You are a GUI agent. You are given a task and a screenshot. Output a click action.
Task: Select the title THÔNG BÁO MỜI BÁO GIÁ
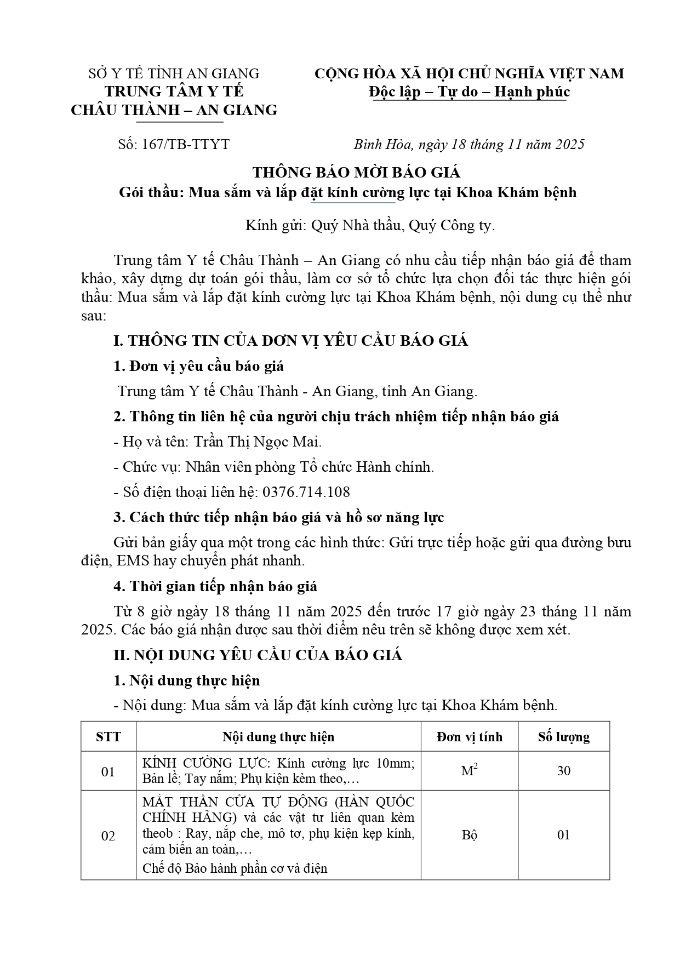pos(356,173)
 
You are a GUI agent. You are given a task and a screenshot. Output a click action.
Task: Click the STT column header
pos(108,737)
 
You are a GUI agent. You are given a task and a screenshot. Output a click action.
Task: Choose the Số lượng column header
pos(563,737)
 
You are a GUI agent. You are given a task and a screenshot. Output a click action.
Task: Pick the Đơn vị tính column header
pos(469,737)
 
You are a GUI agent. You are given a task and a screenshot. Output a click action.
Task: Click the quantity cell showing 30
pos(563,771)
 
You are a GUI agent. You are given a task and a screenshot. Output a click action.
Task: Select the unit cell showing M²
pos(469,771)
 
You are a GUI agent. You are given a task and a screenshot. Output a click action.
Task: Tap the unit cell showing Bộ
pos(469,835)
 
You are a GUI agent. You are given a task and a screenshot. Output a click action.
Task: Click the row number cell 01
pos(108,772)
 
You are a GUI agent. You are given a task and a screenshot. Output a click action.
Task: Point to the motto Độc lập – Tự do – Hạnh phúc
pos(469,91)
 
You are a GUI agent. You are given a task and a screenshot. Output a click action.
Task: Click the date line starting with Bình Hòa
pos(469,144)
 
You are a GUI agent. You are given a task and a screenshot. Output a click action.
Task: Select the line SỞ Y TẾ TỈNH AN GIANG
pos(174,73)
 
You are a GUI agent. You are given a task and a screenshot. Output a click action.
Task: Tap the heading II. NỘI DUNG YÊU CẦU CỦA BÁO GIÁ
pos(258,655)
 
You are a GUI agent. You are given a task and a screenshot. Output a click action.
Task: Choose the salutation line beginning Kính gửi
pos(370,226)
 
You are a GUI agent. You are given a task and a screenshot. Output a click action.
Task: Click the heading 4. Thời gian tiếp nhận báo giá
pos(215,586)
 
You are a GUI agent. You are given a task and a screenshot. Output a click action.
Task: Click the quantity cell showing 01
pos(563,835)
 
